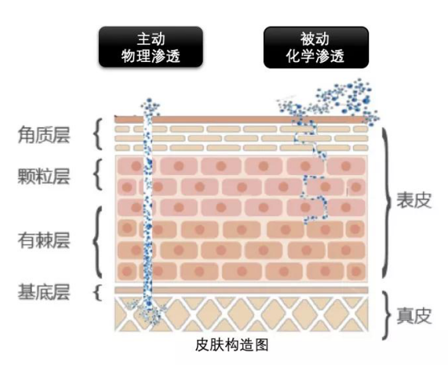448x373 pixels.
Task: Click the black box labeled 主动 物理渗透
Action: coord(150,47)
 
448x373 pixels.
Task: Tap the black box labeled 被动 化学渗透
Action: coord(316,47)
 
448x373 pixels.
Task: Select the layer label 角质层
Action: coord(43,135)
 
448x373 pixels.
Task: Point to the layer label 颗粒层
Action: coord(43,176)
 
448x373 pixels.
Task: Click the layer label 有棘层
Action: coord(43,240)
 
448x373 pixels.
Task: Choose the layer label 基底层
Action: coord(43,292)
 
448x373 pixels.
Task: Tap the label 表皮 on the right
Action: coord(413,200)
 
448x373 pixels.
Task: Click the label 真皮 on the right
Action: coord(413,316)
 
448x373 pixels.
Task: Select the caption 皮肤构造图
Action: coord(232,345)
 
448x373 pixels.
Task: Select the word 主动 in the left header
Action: coord(151,39)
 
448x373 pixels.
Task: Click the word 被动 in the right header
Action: coord(314,39)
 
